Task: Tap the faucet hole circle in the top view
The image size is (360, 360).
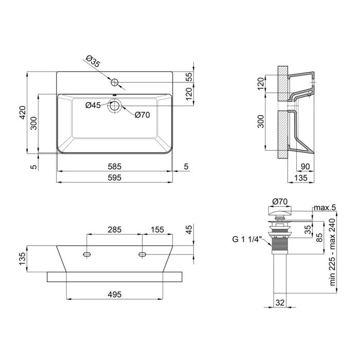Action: (x=115, y=82)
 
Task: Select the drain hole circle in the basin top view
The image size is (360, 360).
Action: (x=114, y=106)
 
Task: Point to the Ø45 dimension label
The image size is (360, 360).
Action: (x=93, y=105)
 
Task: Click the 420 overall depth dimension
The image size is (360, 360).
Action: (x=22, y=112)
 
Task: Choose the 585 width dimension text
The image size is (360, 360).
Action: (x=114, y=166)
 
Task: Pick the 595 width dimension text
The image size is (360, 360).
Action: (x=114, y=177)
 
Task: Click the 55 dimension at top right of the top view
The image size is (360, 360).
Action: (x=188, y=77)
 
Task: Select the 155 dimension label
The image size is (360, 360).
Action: (x=157, y=229)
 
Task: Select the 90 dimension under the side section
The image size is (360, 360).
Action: (x=304, y=166)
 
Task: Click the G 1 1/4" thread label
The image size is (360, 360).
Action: (x=247, y=238)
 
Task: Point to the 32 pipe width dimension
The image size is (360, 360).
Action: (x=280, y=303)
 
